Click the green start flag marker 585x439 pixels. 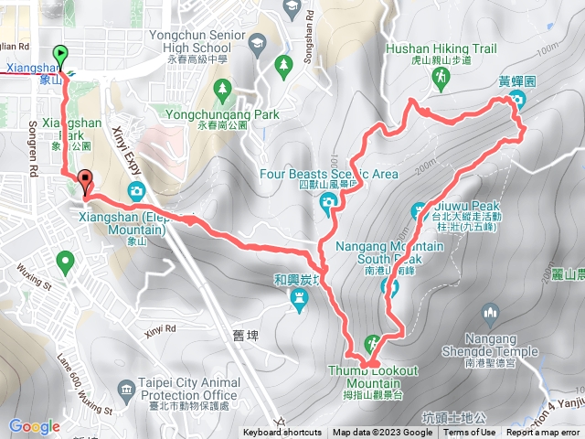coord(61,55)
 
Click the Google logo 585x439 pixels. coord(34,426)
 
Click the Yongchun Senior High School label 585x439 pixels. coord(199,42)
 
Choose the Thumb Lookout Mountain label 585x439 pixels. coord(374,376)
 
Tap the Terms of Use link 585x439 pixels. coord(470,433)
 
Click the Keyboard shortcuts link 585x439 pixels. coord(282,433)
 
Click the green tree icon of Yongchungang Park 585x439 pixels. coord(222,89)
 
